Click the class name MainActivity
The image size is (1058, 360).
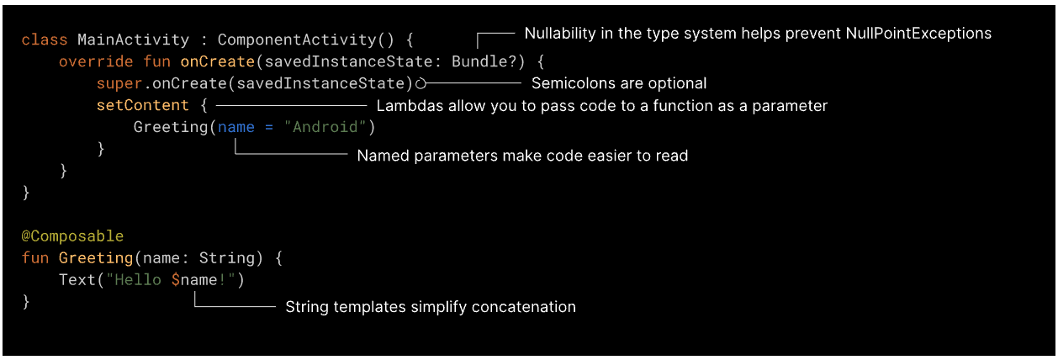(x=133, y=40)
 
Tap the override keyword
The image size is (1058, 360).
(x=95, y=61)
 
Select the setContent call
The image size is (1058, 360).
(x=142, y=105)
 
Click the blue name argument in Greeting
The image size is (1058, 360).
(x=235, y=127)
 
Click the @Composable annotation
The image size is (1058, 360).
(x=72, y=236)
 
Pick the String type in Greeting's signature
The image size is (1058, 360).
(x=226, y=258)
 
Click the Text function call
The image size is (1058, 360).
(x=77, y=280)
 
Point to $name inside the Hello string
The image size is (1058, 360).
(x=194, y=280)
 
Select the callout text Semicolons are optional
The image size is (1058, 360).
(x=619, y=83)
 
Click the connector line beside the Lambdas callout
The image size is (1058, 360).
(x=291, y=106)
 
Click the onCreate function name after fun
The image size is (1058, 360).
(x=217, y=61)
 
